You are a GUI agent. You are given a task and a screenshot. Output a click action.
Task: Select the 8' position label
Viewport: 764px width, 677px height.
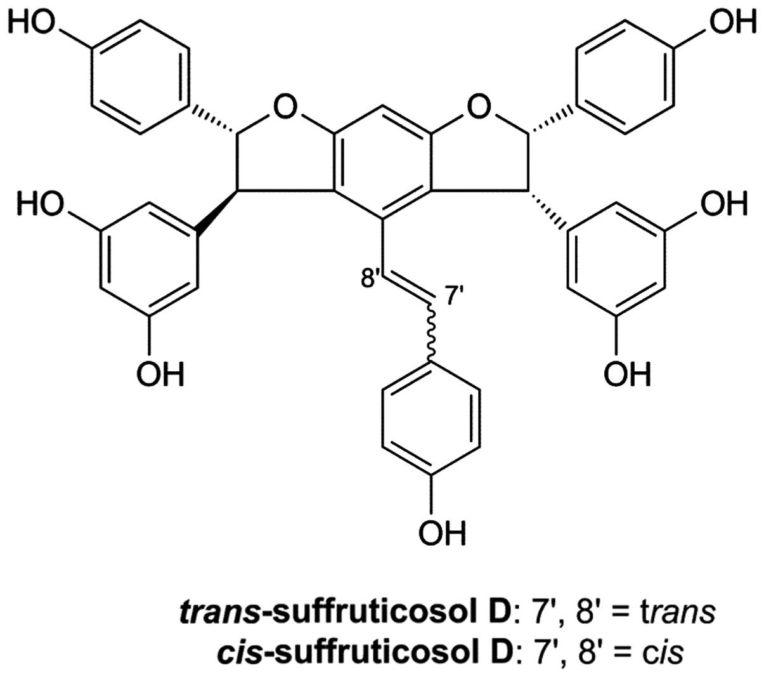tap(370, 280)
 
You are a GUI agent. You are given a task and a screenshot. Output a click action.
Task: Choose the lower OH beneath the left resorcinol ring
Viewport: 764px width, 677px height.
tap(160, 374)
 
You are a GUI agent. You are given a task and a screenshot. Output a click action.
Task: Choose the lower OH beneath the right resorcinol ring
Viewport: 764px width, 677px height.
tap(626, 374)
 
